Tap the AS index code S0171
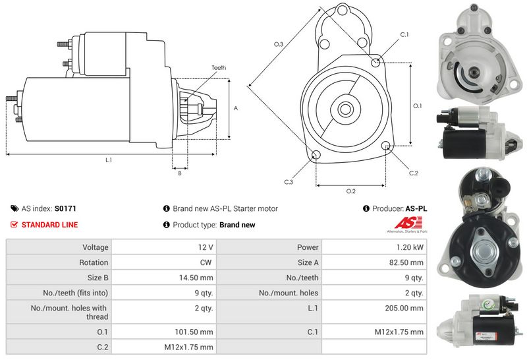[65, 208]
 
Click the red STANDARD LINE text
[49, 225]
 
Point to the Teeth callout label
[219, 68]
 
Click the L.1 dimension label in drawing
[108, 160]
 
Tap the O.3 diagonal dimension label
[279, 44]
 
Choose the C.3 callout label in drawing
[289, 181]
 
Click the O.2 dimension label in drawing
[351, 191]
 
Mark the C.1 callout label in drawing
[404, 34]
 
